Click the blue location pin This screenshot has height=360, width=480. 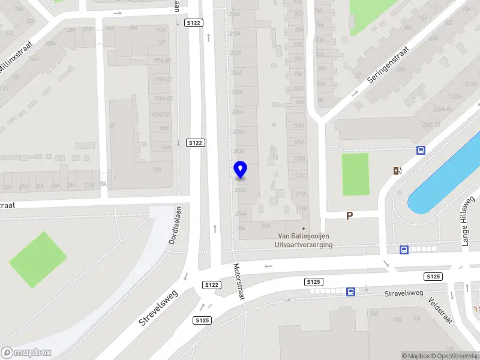240,170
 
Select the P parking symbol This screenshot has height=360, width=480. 349,215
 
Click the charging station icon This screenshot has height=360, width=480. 397,170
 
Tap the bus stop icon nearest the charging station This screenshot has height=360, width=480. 421,151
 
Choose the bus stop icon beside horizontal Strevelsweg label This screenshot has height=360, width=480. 350,292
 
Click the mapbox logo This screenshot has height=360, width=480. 26,352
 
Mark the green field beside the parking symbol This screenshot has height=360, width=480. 355,174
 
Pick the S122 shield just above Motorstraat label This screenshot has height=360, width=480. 211,285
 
